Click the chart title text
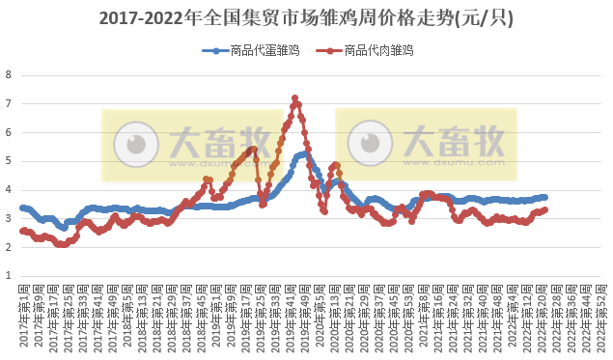coord(306,18)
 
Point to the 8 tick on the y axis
coord(9,74)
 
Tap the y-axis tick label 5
coord(9,161)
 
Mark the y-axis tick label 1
coord(9,276)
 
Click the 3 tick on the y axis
coord(9,218)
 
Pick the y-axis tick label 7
coord(9,103)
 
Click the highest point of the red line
coord(294,97)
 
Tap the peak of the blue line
coord(304,153)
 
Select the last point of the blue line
coord(545,197)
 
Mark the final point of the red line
coord(545,209)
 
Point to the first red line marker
coord(22,231)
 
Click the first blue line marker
coord(22,208)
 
